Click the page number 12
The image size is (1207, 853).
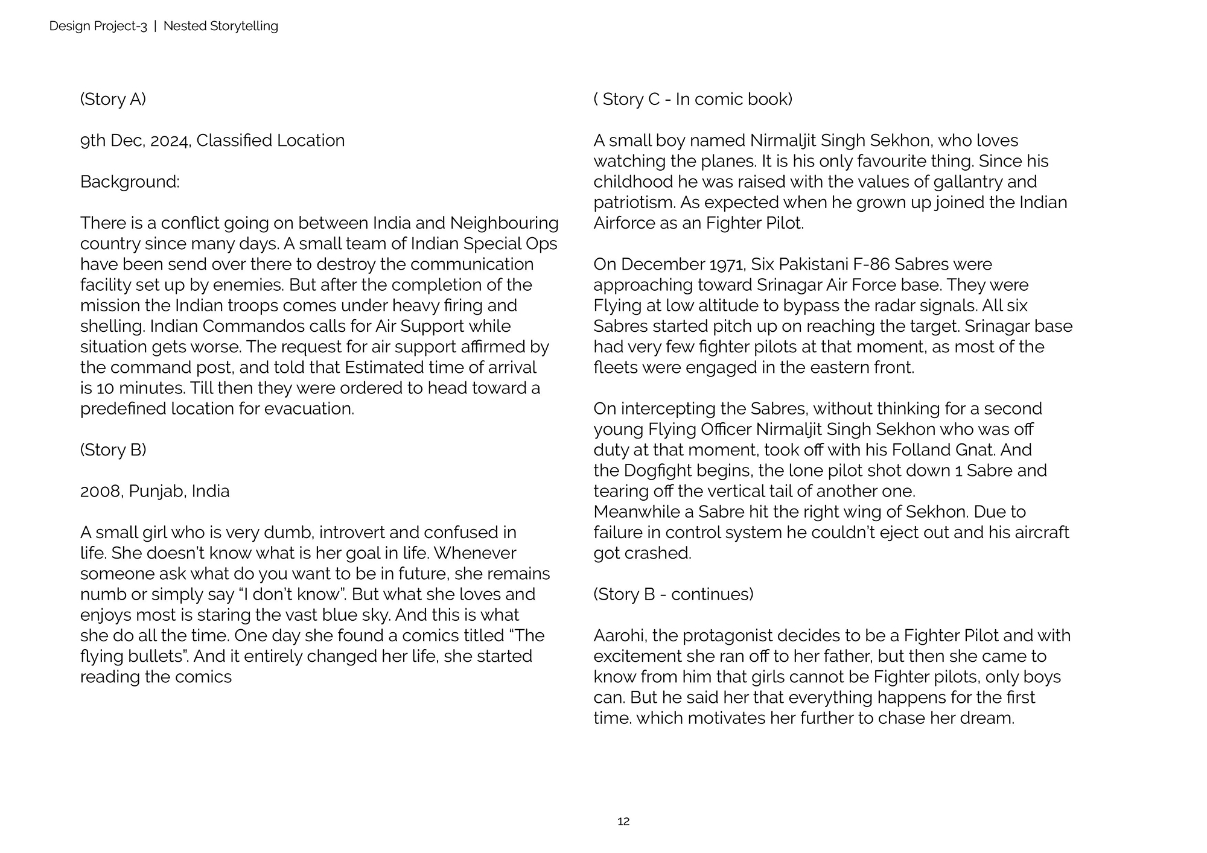[x=623, y=821]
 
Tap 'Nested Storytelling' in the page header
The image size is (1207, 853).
[x=220, y=26]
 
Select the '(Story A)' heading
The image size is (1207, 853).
[x=113, y=99]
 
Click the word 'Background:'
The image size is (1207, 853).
[x=130, y=182]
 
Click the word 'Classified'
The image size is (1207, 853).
[x=234, y=141]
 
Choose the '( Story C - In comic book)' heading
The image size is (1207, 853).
[x=693, y=99]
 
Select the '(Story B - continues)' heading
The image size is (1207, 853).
[x=674, y=594]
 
